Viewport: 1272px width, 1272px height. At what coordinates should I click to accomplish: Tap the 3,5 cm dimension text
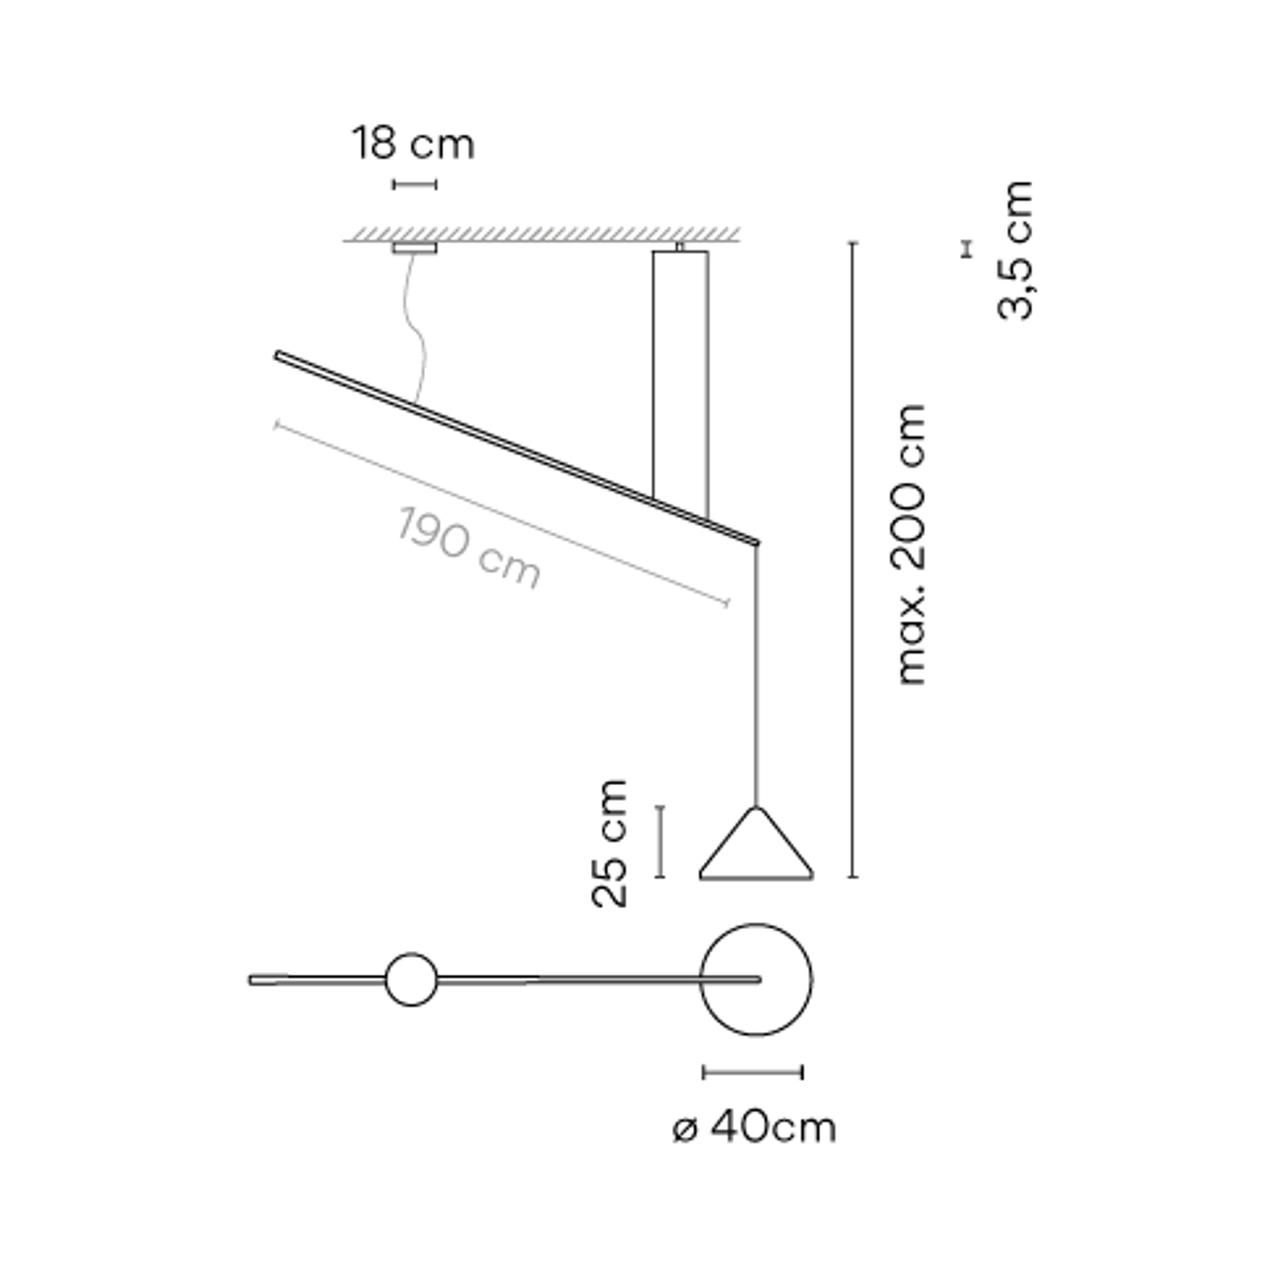pos(1014,250)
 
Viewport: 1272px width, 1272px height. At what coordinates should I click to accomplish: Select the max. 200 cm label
pos(912,544)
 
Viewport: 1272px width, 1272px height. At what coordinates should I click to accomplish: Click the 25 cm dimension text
pos(609,844)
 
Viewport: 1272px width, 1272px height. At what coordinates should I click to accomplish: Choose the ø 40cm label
pos(754,1128)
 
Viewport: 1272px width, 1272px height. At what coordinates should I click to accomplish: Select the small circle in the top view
pos(411,953)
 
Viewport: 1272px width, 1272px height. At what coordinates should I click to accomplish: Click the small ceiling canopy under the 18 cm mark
pos(415,248)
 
